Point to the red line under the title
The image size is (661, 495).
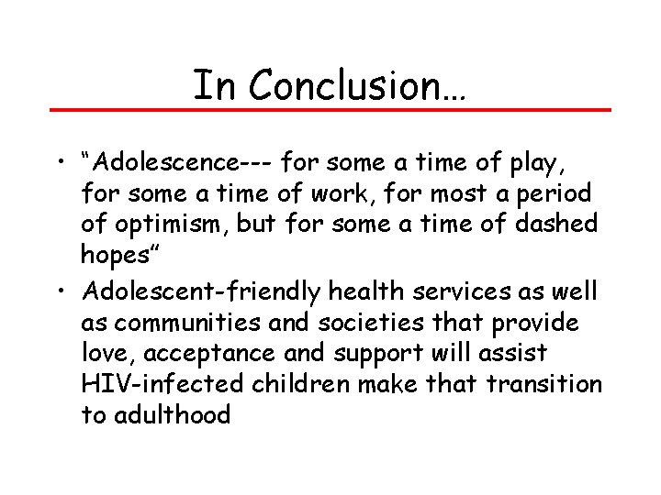[x=330, y=110]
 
